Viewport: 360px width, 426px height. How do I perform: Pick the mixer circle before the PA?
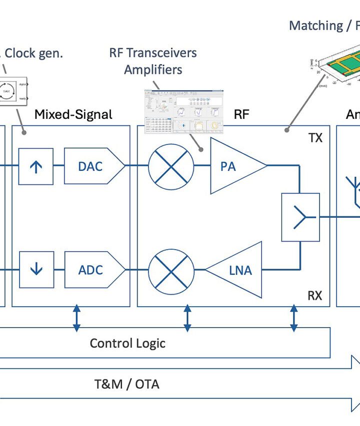pos(171,166)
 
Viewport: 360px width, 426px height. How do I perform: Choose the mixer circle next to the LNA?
pos(171,270)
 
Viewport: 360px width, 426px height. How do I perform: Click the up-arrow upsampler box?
pos(36,166)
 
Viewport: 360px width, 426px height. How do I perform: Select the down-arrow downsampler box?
pos(36,270)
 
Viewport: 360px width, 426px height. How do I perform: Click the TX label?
pos(315,138)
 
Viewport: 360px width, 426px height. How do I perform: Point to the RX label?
pos(314,296)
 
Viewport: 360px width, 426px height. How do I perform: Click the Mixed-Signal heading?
pos(73,114)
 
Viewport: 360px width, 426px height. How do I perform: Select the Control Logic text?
pos(127,343)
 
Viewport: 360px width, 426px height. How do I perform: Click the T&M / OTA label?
pos(127,384)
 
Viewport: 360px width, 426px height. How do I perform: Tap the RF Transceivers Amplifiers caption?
pos(153,61)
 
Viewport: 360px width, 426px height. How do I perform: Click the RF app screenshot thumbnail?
pos(184,111)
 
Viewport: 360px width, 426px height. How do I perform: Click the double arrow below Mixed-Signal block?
pos(76,318)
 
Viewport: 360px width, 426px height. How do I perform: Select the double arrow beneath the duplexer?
pos(294,318)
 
